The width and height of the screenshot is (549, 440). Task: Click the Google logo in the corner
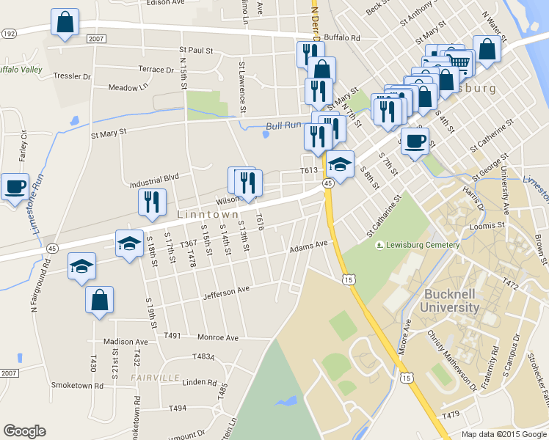(x=25, y=431)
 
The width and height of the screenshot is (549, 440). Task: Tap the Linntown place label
(x=208, y=215)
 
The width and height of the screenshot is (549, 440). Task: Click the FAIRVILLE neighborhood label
(x=156, y=377)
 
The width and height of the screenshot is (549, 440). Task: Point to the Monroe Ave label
(x=218, y=337)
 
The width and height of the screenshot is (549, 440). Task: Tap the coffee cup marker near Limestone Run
(x=15, y=186)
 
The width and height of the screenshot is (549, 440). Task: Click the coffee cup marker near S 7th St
(x=415, y=140)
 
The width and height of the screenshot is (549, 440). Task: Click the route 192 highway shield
(x=9, y=34)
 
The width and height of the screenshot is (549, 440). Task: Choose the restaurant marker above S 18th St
(x=152, y=202)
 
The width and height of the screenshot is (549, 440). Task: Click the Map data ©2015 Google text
(x=504, y=434)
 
